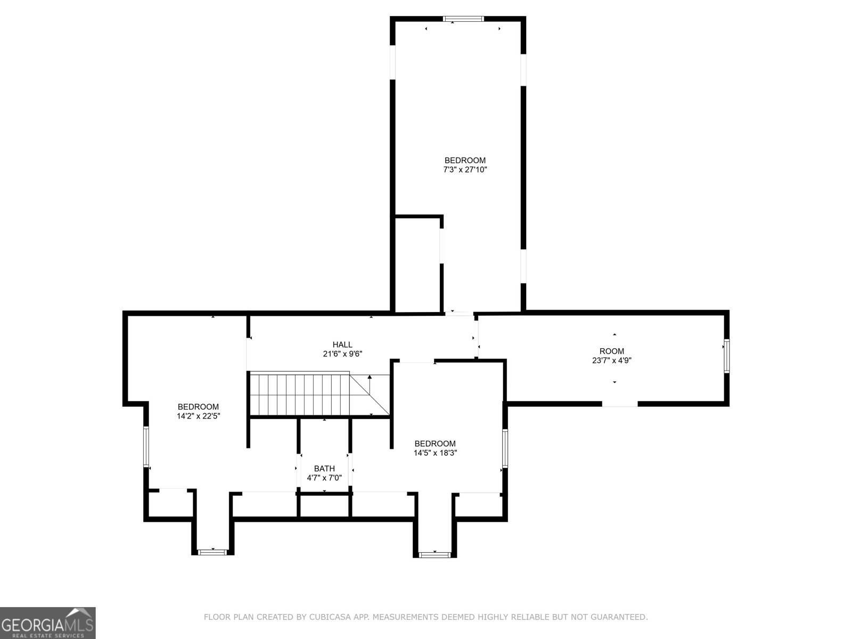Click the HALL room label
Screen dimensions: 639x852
click(x=342, y=345)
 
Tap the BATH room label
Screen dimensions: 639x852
click(x=324, y=469)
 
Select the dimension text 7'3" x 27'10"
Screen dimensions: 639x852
click(x=465, y=170)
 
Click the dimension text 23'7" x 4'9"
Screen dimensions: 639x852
click(x=611, y=360)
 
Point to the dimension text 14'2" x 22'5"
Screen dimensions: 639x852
click(x=198, y=416)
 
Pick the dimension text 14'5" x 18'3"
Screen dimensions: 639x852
click(x=435, y=453)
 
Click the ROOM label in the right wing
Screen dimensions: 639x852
click(x=611, y=351)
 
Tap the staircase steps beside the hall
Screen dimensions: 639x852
click(x=298, y=394)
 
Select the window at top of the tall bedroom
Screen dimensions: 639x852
click(x=463, y=19)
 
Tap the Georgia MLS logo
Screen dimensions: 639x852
click(x=48, y=622)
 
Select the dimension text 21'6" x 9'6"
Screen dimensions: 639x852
click(x=342, y=354)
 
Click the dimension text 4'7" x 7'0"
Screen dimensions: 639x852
click(x=324, y=478)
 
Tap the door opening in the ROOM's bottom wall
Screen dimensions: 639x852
click(x=620, y=404)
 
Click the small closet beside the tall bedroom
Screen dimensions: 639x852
click(x=417, y=264)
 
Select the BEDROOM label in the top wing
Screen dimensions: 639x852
click(x=465, y=160)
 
